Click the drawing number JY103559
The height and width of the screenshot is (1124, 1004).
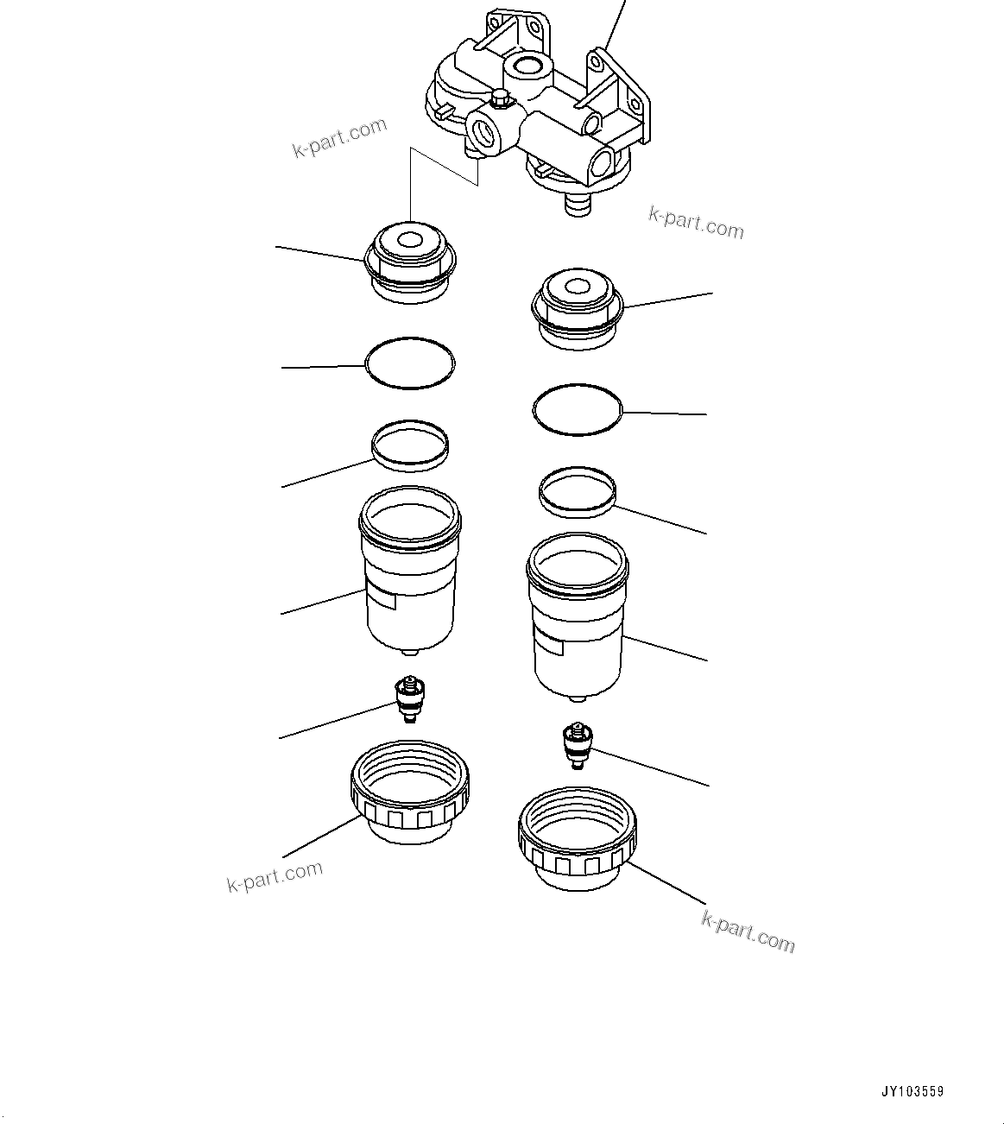tap(913, 1091)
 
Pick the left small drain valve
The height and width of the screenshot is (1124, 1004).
tap(411, 699)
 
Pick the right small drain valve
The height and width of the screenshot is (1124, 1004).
tap(576, 744)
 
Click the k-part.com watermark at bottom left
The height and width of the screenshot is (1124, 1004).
tap(275, 876)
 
